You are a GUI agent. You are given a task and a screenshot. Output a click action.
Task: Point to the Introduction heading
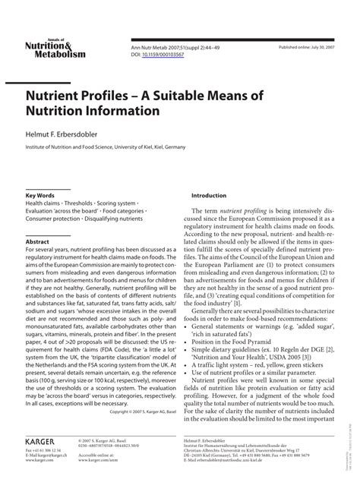click(x=209, y=196)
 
